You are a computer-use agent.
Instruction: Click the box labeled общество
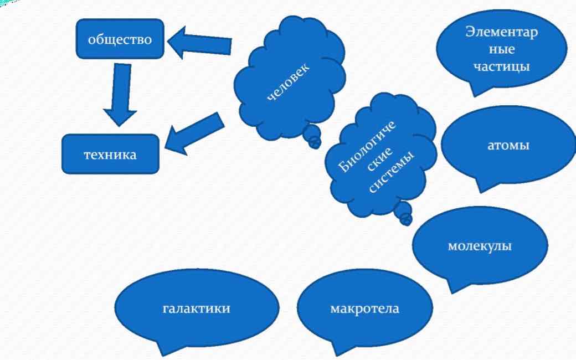(x=120, y=39)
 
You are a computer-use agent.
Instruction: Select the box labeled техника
(x=110, y=154)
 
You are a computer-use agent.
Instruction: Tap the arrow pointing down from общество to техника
(x=120, y=94)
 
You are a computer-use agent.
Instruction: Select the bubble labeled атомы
(x=508, y=146)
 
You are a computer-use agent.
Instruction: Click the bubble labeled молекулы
(x=479, y=245)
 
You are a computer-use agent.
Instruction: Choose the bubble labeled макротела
(x=364, y=308)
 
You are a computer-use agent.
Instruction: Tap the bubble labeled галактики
(x=196, y=308)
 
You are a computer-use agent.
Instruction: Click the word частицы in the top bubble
(x=502, y=66)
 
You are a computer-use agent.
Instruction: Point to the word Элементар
(x=502, y=32)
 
